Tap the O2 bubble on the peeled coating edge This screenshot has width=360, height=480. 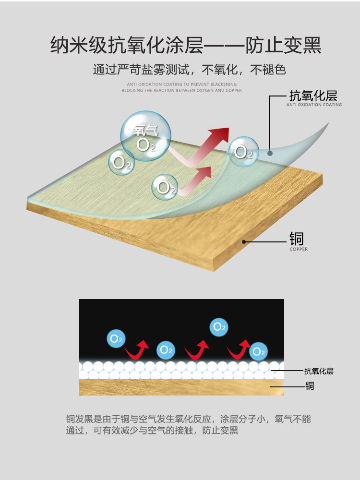click(243, 152)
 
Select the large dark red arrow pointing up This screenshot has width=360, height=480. click(214, 141)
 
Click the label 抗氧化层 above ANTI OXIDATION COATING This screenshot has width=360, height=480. click(313, 95)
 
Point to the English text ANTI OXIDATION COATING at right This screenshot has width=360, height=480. click(314, 105)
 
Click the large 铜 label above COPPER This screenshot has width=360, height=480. click(296, 239)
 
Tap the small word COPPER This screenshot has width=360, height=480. click(299, 249)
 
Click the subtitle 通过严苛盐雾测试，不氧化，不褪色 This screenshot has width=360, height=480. click(189, 70)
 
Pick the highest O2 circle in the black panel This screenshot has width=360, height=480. click(219, 327)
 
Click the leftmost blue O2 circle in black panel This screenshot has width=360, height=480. click(116, 338)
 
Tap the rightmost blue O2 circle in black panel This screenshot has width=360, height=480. click(258, 351)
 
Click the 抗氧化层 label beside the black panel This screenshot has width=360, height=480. click(319, 371)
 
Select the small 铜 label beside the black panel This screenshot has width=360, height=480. click(310, 385)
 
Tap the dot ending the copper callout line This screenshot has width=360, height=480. click(244, 241)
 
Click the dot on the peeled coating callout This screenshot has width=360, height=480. click(270, 153)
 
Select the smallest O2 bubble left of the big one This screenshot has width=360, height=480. click(121, 162)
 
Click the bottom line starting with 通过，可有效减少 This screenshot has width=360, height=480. click(152, 431)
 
